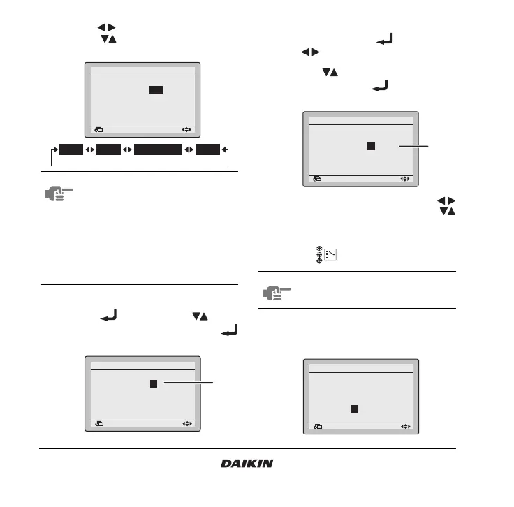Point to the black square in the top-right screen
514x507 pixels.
click(x=371, y=146)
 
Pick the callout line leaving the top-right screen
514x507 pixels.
click(x=411, y=146)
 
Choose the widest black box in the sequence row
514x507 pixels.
click(x=158, y=149)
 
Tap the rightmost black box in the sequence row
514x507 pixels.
click(x=207, y=149)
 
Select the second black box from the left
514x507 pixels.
click(x=108, y=149)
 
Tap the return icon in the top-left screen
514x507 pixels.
click(x=98, y=129)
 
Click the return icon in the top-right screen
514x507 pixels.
click(x=317, y=179)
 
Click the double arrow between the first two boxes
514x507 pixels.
click(x=89, y=149)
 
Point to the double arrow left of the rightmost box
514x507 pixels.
click(x=189, y=149)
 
